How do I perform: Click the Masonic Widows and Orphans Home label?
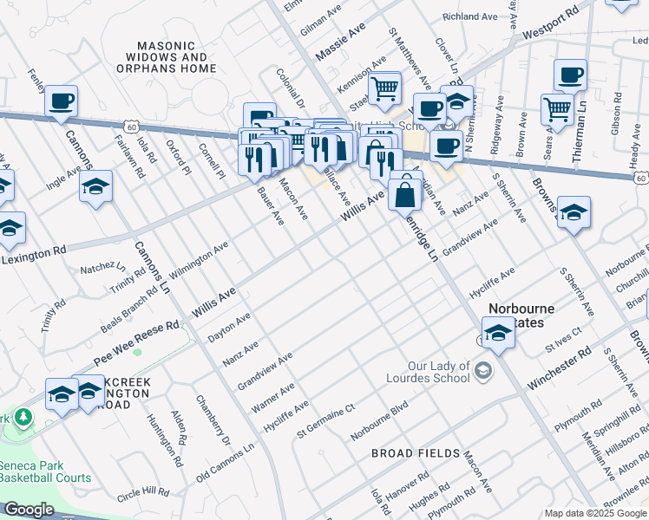point(176,56)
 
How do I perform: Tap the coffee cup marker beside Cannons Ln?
point(61,101)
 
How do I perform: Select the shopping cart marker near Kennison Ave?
point(384,88)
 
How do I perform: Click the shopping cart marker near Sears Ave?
point(557,109)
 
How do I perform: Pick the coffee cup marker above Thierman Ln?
point(570,76)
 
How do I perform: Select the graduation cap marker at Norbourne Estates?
point(498,333)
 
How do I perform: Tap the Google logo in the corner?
point(29,510)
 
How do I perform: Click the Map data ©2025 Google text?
point(595,513)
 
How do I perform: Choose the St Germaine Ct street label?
point(326,420)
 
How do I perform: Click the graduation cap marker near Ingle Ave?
point(95,186)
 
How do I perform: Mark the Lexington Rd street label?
point(33,255)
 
